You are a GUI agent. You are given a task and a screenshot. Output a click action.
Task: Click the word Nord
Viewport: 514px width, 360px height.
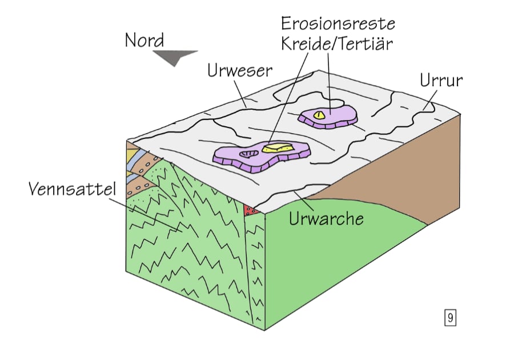[x=144, y=41]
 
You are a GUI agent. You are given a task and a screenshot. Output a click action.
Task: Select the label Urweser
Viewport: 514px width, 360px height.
[x=239, y=71]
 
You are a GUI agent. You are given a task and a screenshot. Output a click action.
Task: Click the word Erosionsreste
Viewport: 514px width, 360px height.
[x=339, y=25]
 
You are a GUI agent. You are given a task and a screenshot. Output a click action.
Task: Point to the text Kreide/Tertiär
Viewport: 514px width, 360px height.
[x=338, y=43]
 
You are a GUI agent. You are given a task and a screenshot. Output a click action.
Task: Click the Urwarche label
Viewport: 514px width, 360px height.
[x=326, y=218]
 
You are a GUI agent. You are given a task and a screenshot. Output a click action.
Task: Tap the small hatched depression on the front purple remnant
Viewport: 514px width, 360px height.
[x=247, y=153]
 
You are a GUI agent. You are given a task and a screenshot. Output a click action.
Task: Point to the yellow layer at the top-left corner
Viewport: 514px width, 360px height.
[x=132, y=154]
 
